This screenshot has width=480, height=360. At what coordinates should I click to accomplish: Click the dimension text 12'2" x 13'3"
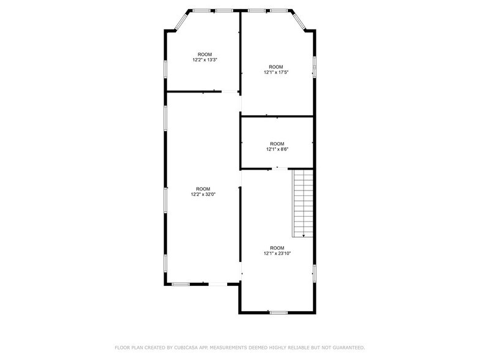tap(204, 60)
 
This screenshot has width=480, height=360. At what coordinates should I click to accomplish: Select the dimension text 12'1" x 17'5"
tap(276, 72)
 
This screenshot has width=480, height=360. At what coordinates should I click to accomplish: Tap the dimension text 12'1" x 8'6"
tap(277, 149)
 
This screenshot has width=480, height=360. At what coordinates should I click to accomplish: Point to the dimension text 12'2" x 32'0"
tap(203, 194)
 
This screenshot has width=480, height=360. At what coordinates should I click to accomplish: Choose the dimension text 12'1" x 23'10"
tap(277, 253)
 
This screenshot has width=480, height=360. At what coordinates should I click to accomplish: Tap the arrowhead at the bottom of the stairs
tap(303, 234)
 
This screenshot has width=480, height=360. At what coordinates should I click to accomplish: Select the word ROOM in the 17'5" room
tap(276, 67)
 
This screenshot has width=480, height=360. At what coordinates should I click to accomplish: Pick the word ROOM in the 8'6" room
tap(277, 143)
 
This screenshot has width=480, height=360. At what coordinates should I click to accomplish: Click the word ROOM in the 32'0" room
tap(203, 189)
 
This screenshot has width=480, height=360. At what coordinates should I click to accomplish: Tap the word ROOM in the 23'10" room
tap(277, 247)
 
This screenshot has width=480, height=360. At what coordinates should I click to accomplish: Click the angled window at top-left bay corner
tap(182, 21)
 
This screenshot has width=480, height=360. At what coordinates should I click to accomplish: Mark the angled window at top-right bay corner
tap(299, 21)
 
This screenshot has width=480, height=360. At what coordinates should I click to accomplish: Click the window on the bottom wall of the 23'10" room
tap(279, 313)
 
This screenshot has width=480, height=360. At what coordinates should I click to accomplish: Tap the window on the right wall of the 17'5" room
tap(315, 66)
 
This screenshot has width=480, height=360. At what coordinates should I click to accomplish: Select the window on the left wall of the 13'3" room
tap(165, 69)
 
